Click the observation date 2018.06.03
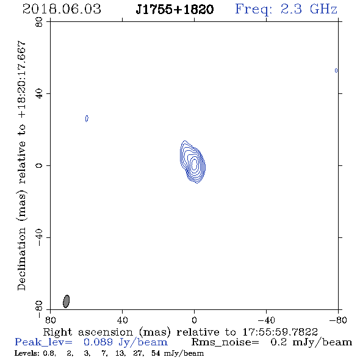tap(62, 9)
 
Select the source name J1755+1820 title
tap(175, 9)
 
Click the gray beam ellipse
tap(66, 301)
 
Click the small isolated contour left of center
tap(87, 118)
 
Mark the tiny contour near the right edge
tap(336, 71)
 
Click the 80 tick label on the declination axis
tap(39, 22)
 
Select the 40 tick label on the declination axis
tap(39, 94)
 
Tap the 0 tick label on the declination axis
tap(39, 165)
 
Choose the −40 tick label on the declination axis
tap(39, 237)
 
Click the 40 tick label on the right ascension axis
tap(122, 320)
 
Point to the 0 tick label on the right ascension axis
tap(194, 320)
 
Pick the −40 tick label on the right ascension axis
tap(266, 320)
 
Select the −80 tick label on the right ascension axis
tap(338, 320)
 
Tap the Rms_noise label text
tap(225, 342)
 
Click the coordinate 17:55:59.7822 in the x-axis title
tap(280, 332)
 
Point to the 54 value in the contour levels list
tap(156, 353)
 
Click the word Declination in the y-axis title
tap(21, 259)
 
